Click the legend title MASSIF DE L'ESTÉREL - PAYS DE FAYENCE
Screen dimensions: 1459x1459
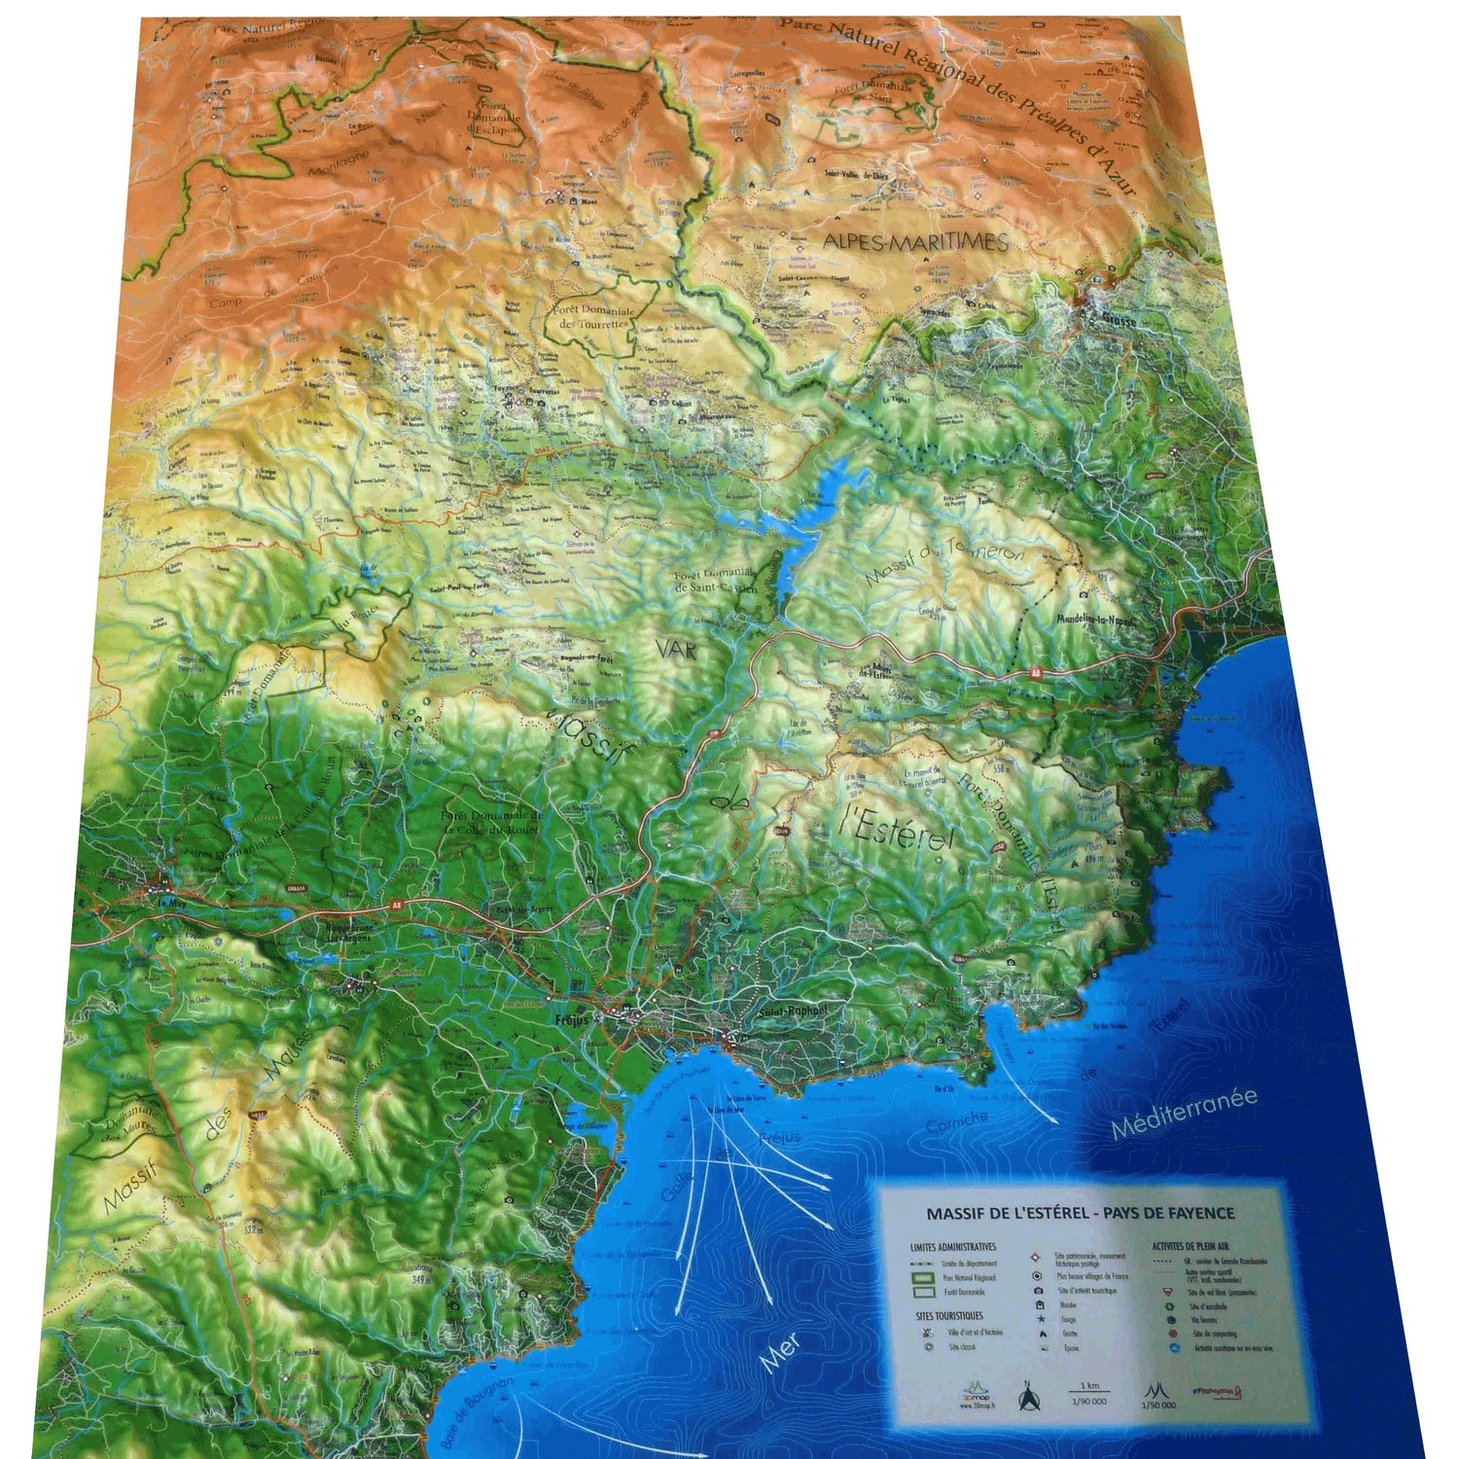click(1080, 1213)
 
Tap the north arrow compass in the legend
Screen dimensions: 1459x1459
click(1025, 1397)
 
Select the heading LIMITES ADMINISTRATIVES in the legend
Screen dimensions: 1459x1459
click(953, 1246)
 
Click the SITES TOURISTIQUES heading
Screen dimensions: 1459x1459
click(948, 1315)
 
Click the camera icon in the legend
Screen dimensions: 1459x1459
click(1040, 1291)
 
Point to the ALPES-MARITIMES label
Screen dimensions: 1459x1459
click(915, 242)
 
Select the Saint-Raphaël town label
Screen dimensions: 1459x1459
click(792, 1012)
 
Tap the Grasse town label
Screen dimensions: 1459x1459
click(1119, 318)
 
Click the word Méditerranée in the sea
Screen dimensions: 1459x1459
click(1184, 1113)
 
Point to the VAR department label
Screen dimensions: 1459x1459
click(676, 649)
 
